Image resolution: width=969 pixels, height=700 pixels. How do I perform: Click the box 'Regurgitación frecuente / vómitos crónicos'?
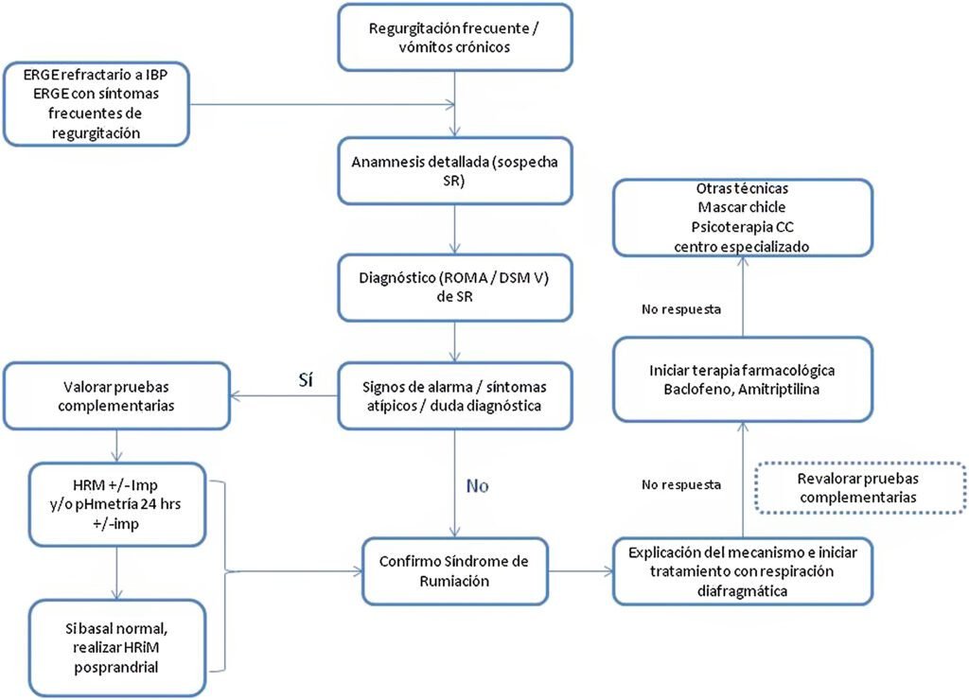coord(455,37)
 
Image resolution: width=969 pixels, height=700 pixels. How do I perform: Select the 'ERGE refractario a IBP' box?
coord(96,104)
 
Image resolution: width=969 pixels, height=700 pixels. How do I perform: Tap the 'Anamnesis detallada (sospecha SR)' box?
coord(455,170)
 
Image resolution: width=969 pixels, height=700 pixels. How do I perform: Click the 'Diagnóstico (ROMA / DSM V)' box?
coord(455,288)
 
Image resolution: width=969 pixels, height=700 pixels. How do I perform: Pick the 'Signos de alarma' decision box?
coord(455,396)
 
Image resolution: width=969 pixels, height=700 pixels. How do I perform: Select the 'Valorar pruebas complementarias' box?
coord(116,396)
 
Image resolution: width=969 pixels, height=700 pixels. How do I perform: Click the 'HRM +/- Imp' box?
coord(116,504)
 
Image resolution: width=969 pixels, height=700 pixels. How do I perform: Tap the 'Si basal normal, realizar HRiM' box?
coord(116,647)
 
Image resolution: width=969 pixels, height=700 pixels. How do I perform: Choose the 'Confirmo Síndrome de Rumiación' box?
coord(455,570)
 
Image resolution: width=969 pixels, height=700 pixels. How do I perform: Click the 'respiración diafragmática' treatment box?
coord(742,570)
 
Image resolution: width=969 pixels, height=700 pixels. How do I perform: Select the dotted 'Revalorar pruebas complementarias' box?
coord(859,487)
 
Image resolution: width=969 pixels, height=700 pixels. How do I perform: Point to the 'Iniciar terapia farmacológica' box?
coord(742,379)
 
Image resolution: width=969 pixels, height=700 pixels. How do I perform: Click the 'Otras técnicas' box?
coord(742,218)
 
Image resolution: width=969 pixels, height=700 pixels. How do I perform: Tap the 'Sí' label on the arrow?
coord(306,380)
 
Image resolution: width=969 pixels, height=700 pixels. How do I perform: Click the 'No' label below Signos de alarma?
coord(477,486)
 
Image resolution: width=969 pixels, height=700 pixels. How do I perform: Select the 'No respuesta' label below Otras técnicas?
coord(681,309)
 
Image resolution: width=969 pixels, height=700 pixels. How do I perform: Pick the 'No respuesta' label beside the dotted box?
coord(681,485)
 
